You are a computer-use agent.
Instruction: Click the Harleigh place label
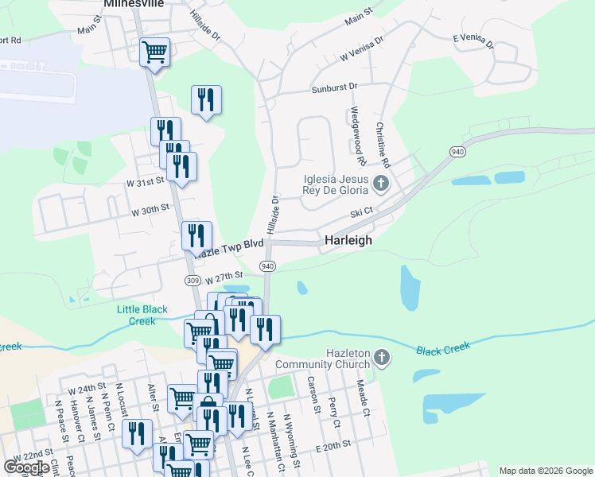[x=348, y=240]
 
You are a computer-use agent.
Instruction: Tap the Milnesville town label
[x=134, y=4]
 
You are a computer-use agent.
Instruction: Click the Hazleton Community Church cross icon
[x=382, y=358]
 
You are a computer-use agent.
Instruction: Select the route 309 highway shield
[x=192, y=280]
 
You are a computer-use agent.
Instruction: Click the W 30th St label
[x=150, y=210]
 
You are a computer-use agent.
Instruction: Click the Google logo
[x=26, y=467]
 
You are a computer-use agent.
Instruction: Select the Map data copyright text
[x=546, y=471]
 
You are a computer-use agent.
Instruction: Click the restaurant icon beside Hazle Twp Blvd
[x=196, y=235]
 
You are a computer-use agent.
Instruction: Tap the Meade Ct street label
[x=363, y=397]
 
